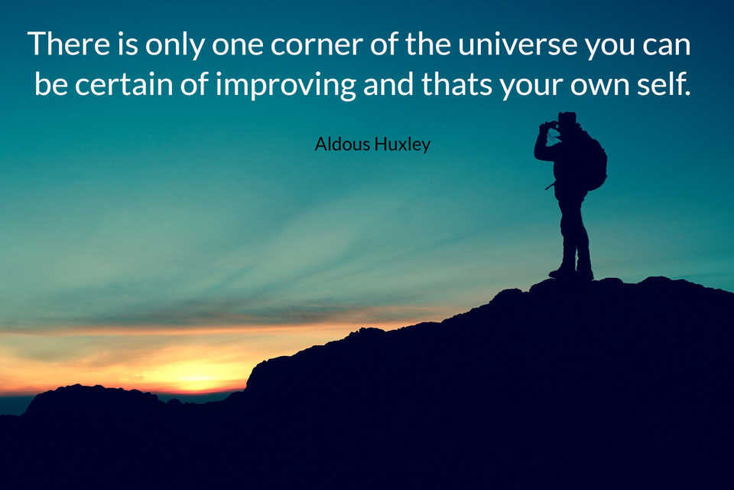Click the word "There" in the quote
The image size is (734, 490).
pyautogui.click(x=69, y=44)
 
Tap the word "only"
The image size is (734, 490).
pyautogui.click(x=174, y=46)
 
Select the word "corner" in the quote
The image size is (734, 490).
pyautogui.click(x=317, y=46)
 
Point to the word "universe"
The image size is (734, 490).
pyautogui.click(x=518, y=44)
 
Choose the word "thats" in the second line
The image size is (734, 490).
pyautogui.click(x=456, y=84)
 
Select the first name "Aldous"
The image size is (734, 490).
pyautogui.click(x=343, y=144)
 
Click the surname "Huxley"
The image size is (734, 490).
pyautogui.click(x=402, y=145)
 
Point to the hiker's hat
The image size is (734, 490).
pyautogui.click(x=567, y=117)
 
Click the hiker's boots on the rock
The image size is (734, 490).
pyautogui.click(x=572, y=273)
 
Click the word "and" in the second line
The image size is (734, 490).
pyautogui.click(x=388, y=84)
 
